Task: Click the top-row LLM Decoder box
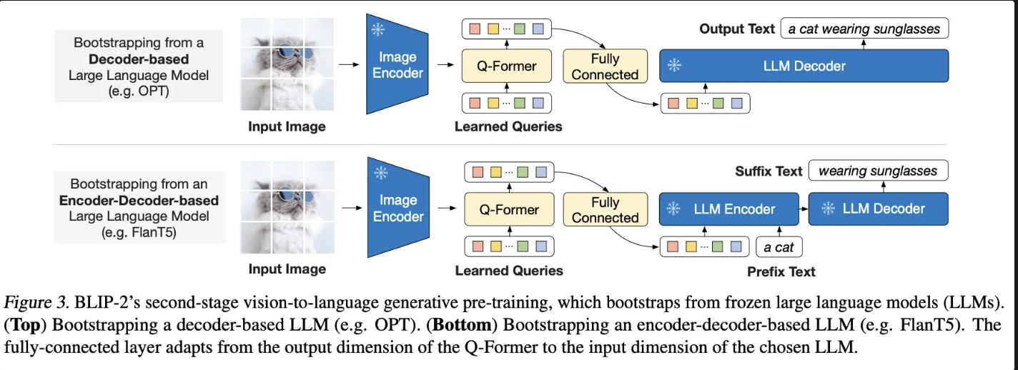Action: click(x=804, y=66)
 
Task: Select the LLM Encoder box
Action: click(x=728, y=209)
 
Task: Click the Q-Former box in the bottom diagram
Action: click(x=508, y=210)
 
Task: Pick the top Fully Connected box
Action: click(x=605, y=66)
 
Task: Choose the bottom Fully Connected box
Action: click(x=605, y=210)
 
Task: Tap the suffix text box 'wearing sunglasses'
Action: click(x=878, y=171)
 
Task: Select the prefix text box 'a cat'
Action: click(x=779, y=248)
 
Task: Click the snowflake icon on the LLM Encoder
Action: click(x=673, y=209)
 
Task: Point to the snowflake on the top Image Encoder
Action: click(x=378, y=29)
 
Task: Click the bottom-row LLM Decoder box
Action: click(x=878, y=209)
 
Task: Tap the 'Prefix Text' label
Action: click(x=781, y=271)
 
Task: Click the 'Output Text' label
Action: click(x=736, y=29)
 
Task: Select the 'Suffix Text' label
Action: click(x=769, y=171)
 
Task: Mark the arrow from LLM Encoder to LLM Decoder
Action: click(x=804, y=209)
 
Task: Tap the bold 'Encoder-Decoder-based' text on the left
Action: click(x=139, y=201)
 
